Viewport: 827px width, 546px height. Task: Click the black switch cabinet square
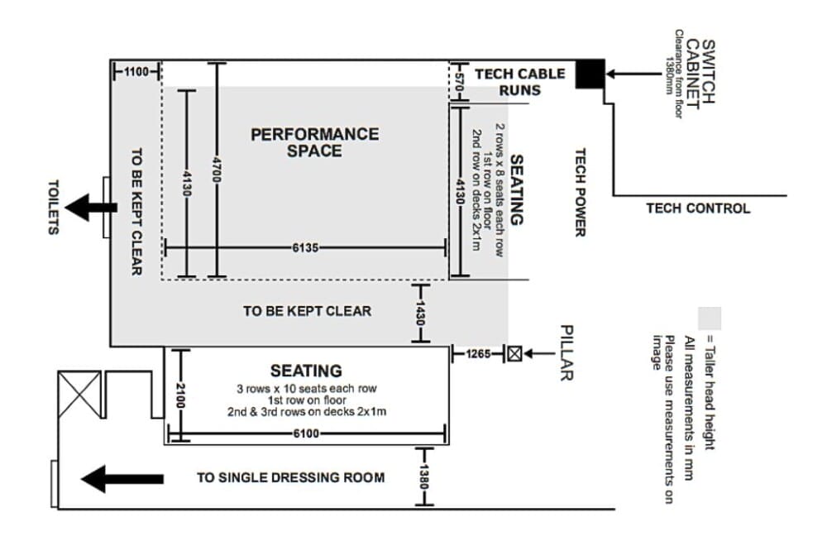(x=590, y=74)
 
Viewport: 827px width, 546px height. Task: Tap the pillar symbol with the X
(x=515, y=354)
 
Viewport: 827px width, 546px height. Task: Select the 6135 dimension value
(x=305, y=247)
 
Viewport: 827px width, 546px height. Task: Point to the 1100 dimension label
(x=136, y=72)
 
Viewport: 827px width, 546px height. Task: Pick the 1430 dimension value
(x=421, y=312)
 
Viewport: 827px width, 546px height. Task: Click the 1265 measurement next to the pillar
(x=478, y=354)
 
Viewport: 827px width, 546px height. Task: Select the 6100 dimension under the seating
(x=306, y=433)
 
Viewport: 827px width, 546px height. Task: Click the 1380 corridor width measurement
(x=422, y=477)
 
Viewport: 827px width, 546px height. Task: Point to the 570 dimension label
(x=461, y=81)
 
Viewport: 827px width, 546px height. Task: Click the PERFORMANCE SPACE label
(x=315, y=141)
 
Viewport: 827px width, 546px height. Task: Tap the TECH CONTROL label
(x=698, y=208)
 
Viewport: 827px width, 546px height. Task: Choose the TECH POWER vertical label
(x=581, y=192)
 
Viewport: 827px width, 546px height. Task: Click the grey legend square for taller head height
(x=710, y=318)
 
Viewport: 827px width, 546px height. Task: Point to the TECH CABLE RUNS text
(x=519, y=81)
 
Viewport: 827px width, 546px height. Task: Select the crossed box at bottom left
(x=78, y=390)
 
